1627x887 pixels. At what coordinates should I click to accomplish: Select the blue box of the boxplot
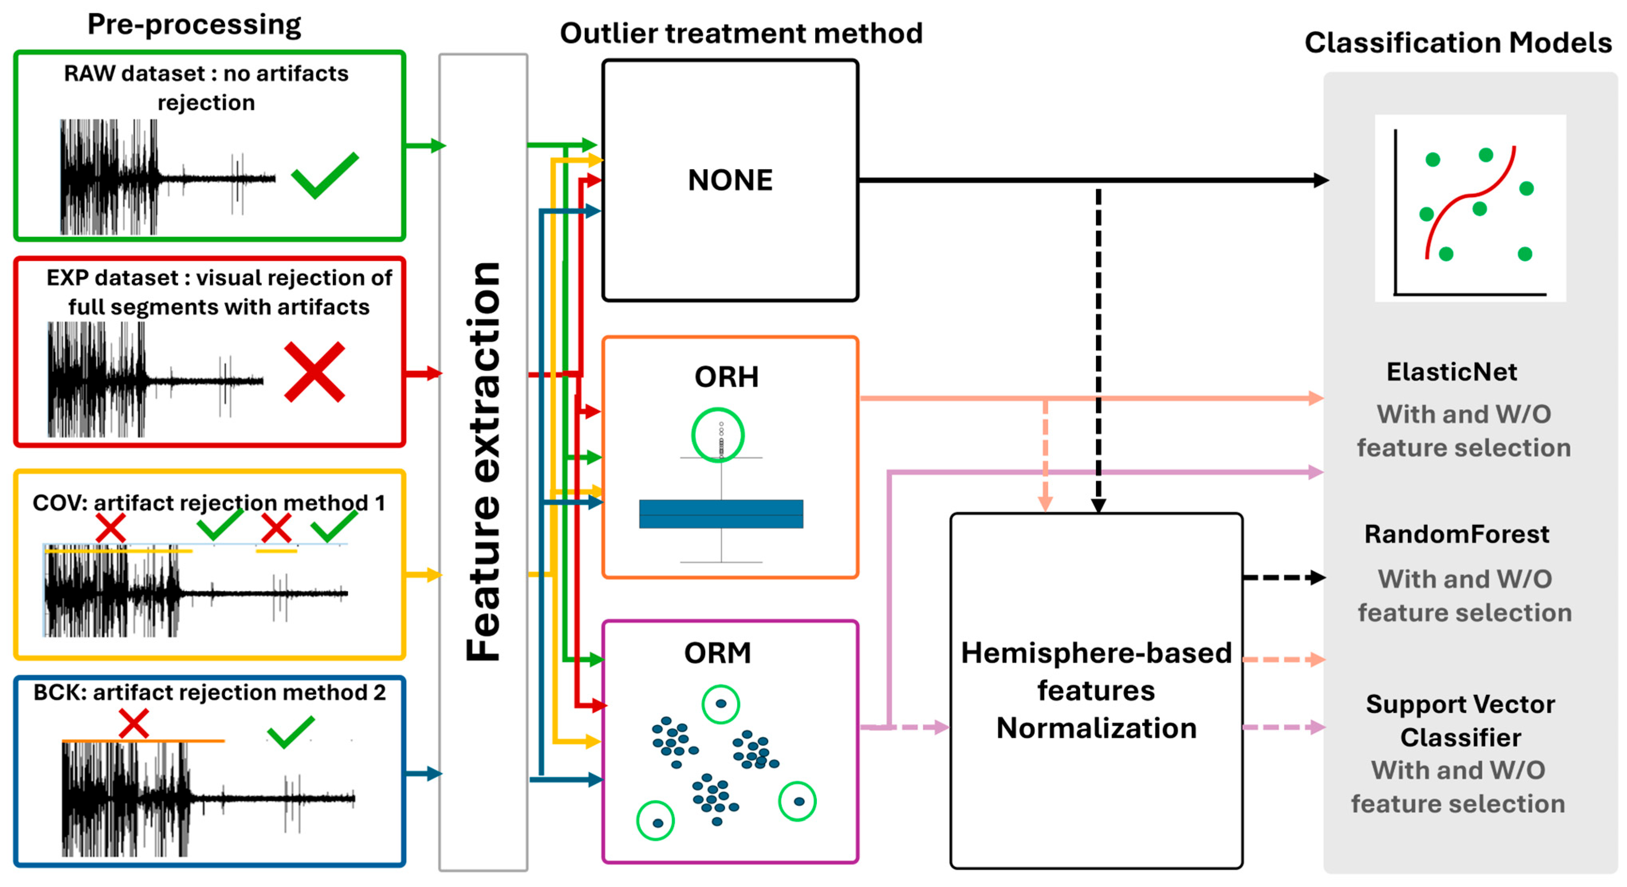[x=721, y=514]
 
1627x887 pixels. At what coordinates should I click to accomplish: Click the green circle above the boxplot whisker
[x=718, y=435]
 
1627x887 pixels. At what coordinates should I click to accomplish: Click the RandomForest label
[x=1456, y=534]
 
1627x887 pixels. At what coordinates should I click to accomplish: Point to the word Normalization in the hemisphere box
[x=1096, y=728]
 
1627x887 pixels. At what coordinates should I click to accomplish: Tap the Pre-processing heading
[x=194, y=25]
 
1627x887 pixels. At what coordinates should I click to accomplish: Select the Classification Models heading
[x=1458, y=43]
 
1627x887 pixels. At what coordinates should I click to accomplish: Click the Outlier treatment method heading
[x=741, y=34]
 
